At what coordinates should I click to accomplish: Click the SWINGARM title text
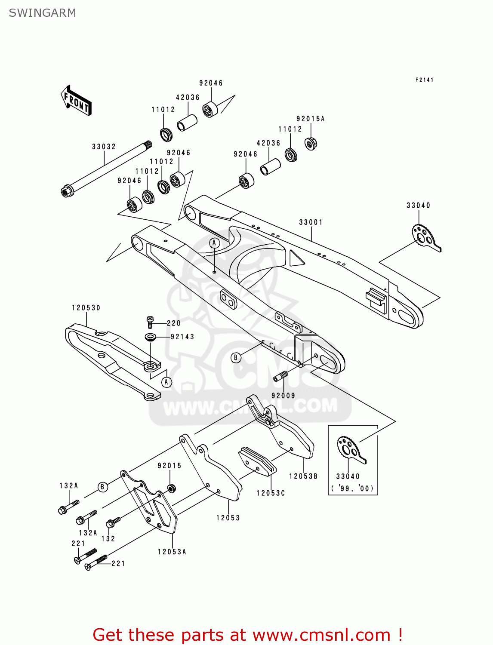[42, 13]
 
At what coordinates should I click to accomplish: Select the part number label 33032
[104, 147]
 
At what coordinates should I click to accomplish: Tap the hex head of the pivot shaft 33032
[67, 190]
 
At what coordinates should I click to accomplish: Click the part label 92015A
[310, 119]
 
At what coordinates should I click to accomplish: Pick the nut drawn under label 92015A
[311, 143]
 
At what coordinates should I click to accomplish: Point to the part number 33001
[311, 222]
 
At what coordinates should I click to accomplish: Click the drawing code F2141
[424, 80]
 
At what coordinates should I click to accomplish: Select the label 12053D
[86, 308]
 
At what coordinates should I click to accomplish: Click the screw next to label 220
[150, 322]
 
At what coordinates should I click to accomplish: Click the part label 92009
[283, 396]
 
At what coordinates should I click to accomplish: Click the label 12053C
[271, 493]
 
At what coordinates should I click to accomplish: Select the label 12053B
[303, 476]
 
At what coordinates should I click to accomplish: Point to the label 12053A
[172, 552]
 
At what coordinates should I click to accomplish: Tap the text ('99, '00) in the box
[353, 488]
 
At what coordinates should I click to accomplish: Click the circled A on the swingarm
[214, 243]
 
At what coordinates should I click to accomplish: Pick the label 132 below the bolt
[108, 538]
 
